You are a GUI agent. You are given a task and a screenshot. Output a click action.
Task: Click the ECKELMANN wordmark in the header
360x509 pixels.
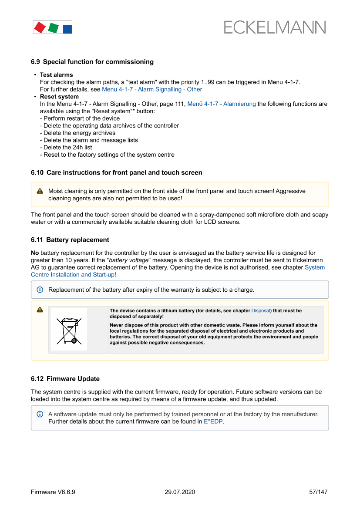275,27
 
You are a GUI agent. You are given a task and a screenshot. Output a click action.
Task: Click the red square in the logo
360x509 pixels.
40,27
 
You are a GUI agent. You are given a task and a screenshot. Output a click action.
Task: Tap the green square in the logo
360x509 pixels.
53,28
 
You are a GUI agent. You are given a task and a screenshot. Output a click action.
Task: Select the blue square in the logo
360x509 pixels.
67,29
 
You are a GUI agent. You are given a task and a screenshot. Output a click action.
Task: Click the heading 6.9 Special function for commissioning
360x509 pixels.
92,62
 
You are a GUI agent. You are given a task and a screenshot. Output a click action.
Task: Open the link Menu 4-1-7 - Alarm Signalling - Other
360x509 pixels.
152,89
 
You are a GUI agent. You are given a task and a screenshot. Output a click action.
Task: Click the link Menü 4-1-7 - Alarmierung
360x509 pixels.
222,104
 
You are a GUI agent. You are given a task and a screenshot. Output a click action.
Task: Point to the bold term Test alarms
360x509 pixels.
57,75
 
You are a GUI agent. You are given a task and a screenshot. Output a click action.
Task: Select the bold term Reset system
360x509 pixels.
59,97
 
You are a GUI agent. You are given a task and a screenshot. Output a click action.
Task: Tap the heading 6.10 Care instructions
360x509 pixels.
116,172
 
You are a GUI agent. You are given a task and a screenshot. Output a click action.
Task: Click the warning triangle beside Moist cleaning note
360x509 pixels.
40,191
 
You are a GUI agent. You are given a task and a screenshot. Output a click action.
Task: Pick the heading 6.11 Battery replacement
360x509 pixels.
70,240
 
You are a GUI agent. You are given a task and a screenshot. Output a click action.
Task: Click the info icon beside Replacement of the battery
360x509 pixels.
40,290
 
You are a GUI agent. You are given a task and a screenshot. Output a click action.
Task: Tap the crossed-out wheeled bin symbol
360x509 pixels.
69,330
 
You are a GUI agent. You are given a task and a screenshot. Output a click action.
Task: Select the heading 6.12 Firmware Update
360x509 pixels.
65,379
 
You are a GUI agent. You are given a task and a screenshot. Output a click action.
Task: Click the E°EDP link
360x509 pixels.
213,421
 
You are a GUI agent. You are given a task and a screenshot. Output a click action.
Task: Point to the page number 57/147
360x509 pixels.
318,492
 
